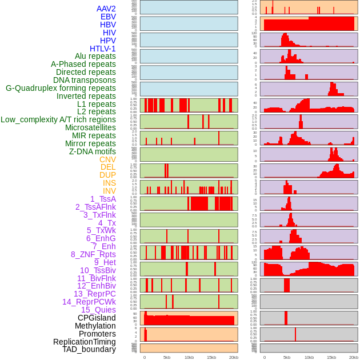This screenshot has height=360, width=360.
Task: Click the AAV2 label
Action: click(x=106, y=9)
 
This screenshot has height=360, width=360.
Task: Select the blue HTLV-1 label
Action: click(x=102, y=49)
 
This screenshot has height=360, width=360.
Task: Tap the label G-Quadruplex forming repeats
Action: click(x=61, y=88)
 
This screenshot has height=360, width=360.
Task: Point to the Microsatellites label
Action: click(x=90, y=127)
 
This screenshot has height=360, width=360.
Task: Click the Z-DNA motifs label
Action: click(x=92, y=151)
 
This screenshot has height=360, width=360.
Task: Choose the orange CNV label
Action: click(x=107, y=159)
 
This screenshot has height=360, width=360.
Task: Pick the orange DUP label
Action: click(x=107, y=175)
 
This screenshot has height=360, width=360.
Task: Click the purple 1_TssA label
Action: click(x=103, y=199)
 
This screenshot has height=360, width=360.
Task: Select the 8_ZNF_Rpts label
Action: click(x=93, y=254)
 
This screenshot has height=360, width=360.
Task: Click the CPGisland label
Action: click(x=97, y=318)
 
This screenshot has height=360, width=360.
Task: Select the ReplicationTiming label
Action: click(x=85, y=342)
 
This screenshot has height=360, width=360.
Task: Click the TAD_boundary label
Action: click(x=89, y=349)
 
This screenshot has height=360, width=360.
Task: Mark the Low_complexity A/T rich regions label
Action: click(x=58, y=119)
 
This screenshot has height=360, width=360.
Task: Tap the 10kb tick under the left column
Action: click(x=189, y=357)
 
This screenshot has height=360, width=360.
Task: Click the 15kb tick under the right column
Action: click(x=331, y=357)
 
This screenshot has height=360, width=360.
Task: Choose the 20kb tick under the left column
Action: click(x=233, y=357)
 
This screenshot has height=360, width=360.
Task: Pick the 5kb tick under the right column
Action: click(x=287, y=357)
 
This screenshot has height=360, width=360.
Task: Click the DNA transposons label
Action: click(x=85, y=80)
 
